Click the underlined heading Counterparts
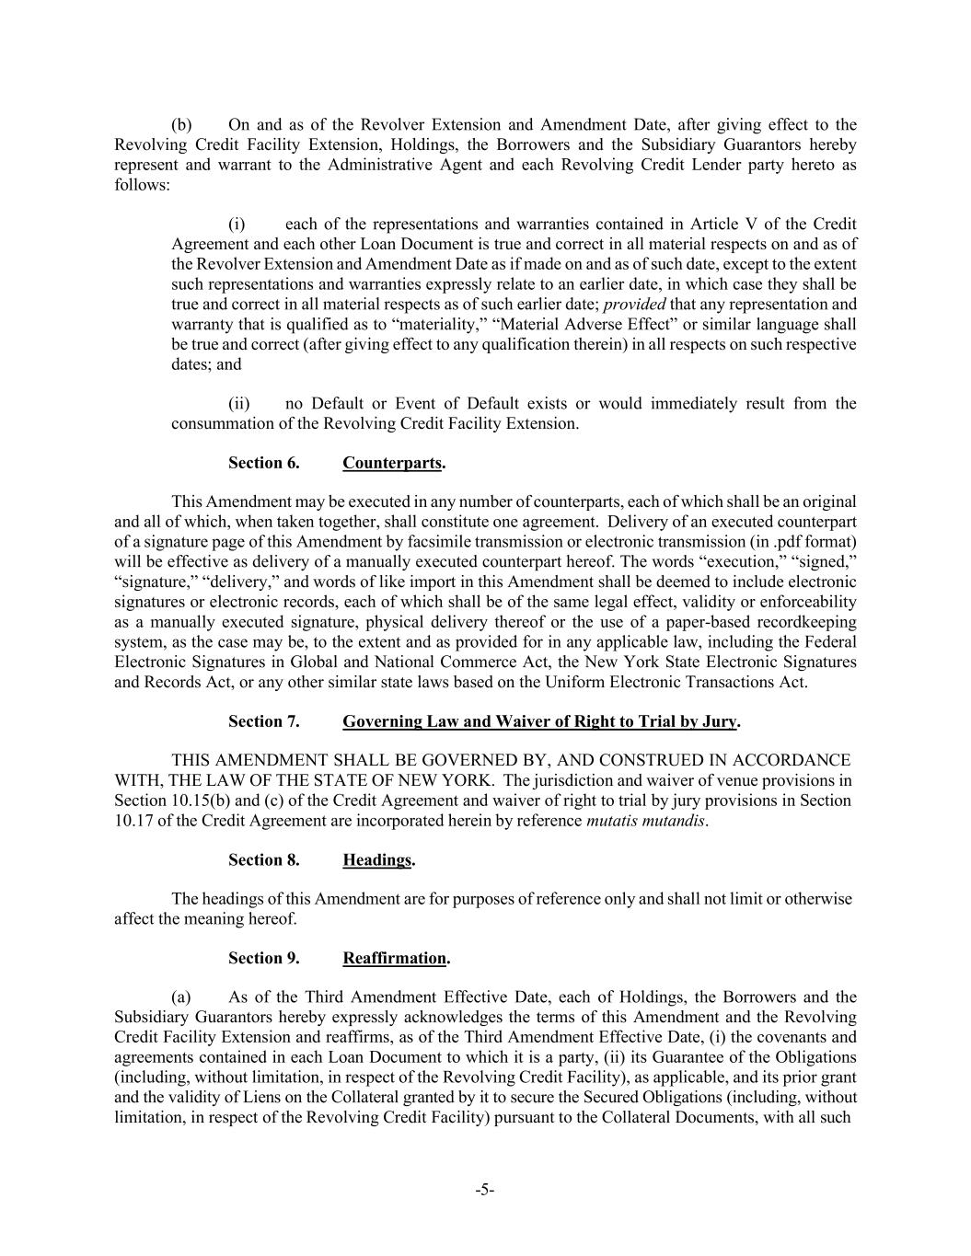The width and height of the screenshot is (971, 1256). pos(392,463)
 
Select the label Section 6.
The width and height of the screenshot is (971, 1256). pos(264,463)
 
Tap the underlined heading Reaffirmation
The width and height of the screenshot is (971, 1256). pos(395,958)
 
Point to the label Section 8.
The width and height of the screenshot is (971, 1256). pos(264,859)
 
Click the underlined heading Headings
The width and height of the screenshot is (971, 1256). pos(377,859)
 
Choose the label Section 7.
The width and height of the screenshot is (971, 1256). pos(264,721)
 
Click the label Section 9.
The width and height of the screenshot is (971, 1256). pos(264,958)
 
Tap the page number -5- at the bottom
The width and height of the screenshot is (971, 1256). pos(485,1190)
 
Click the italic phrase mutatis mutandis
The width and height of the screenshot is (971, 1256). pos(646,821)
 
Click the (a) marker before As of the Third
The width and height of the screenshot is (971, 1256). pos(181,997)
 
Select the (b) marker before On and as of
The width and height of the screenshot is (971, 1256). pos(181,125)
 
